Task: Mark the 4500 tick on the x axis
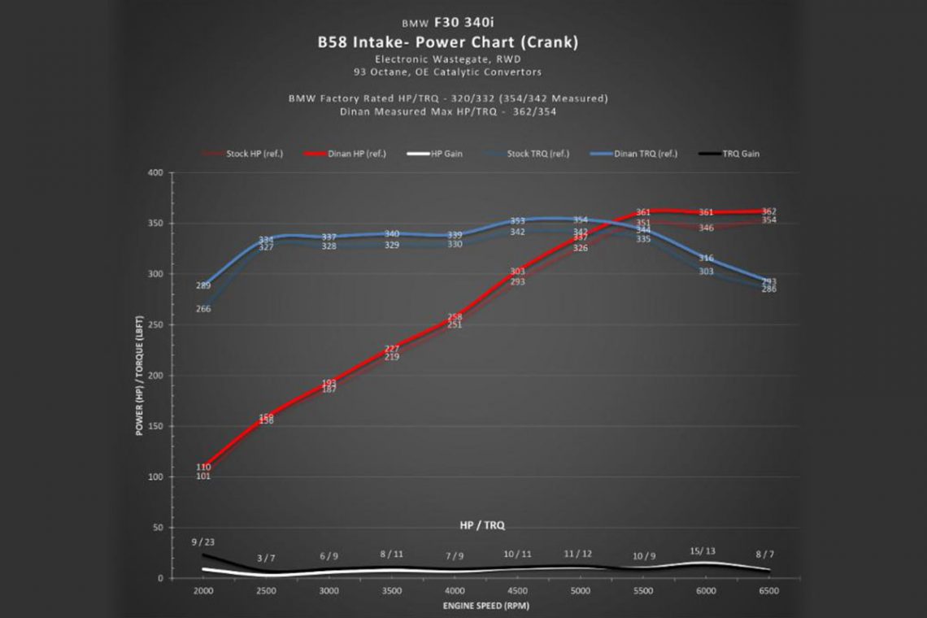coord(517,591)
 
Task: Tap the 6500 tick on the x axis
coord(768,591)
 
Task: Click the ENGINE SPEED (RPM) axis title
coord(485,605)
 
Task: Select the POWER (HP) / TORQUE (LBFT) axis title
coord(140,376)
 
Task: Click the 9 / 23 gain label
coord(203,542)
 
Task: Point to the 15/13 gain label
coord(705,551)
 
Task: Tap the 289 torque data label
coord(203,285)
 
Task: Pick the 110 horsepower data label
coord(203,467)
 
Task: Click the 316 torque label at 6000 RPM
coord(706,259)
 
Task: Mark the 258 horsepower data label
coord(455,317)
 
